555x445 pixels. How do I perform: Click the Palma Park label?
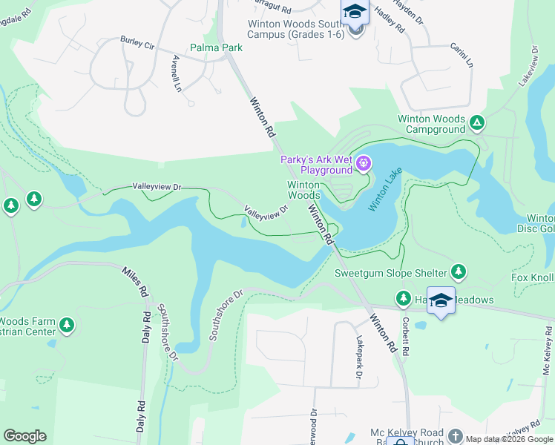(216, 47)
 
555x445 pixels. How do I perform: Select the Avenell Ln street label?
(177, 72)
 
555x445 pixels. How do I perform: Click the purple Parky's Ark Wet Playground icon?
(363, 164)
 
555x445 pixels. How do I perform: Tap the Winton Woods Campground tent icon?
(477, 123)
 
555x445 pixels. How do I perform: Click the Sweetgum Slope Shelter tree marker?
(459, 272)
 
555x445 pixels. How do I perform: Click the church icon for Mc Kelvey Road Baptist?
(455, 438)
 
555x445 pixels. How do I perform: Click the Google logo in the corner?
(24, 436)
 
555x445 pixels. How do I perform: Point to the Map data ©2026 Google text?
(509, 439)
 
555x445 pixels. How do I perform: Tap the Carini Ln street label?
(461, 56)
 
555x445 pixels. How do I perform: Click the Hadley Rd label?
(394, 22)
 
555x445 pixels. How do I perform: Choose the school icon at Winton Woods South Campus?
(355, 13)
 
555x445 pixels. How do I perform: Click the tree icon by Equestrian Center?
(67, 325)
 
